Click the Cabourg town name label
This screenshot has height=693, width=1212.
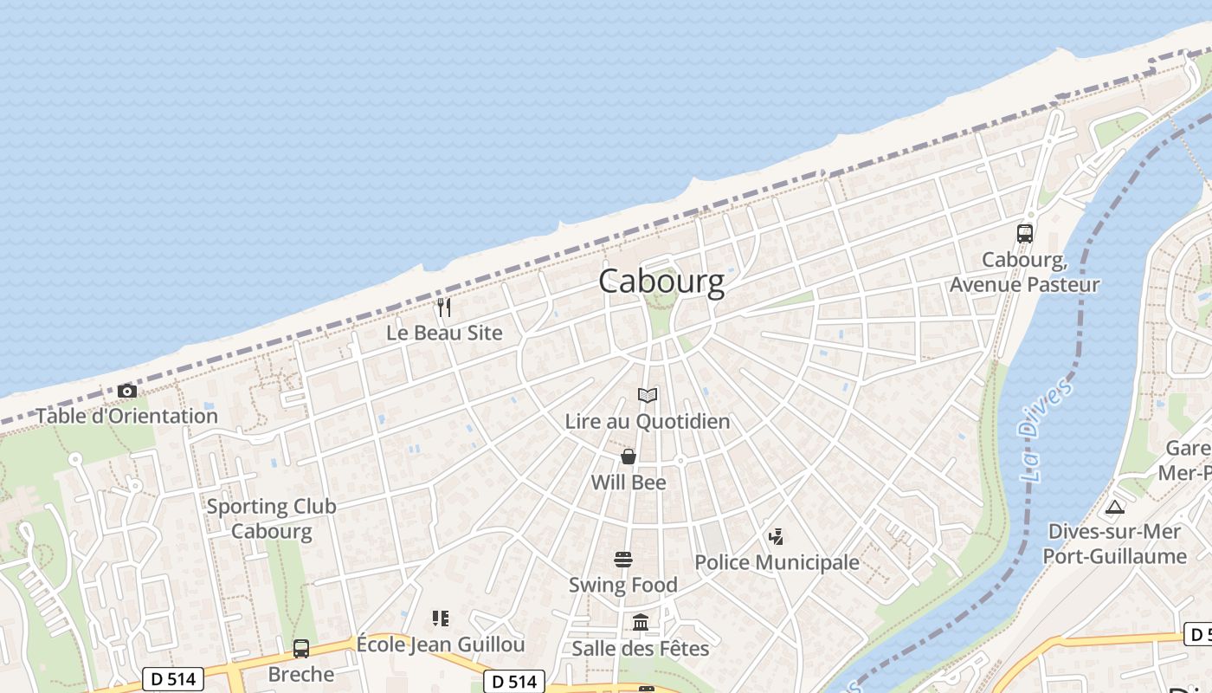tap(661, 282)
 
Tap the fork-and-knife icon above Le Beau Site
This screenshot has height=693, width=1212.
tap(444, 307)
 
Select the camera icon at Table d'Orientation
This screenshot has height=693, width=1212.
tap(127, 391)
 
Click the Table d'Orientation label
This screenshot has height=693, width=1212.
tap(127, 416)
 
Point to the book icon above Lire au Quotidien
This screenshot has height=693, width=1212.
tap(648, 396)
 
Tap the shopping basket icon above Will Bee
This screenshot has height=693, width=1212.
tap(629, 457)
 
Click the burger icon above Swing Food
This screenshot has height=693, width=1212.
tap(623, 560)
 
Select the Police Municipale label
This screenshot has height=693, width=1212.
tap(777, 562)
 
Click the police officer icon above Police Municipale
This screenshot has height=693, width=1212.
tap(776, 537)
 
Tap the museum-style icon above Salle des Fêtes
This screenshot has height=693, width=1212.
tap(641, 622)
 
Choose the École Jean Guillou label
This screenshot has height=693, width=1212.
tap(441, 644)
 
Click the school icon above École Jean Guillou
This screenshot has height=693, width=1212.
tap(441, 619)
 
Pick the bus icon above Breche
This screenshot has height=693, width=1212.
tap(301, 648)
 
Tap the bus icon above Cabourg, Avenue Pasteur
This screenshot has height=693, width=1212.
tap(1025, 233)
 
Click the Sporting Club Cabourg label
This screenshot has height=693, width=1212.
tap(271, 518)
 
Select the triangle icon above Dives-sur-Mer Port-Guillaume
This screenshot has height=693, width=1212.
tap(1114, 507)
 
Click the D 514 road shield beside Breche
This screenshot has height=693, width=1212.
tap(173, 679)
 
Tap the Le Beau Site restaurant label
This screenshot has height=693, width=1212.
tap(444, 333)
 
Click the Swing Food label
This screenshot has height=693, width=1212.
tap(623, 586)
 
